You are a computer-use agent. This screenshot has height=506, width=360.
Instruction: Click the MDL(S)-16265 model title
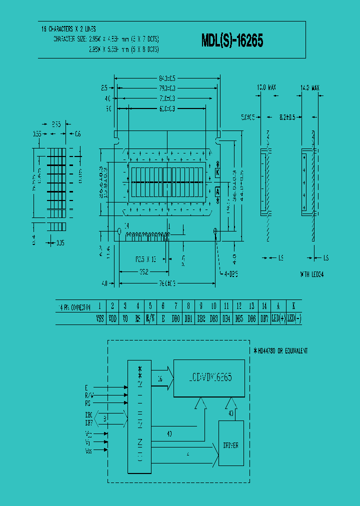232,41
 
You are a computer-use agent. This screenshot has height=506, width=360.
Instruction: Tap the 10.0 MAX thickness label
266,87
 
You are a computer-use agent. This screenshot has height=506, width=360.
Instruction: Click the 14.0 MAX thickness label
310,87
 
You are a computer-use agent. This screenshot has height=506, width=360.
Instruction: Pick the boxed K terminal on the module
217,172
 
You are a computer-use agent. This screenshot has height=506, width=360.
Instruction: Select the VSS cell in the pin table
99,318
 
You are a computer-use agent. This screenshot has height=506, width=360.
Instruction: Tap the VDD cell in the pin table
112,318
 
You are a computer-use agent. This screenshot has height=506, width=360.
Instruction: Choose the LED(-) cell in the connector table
293,318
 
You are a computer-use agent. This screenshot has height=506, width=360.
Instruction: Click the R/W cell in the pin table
150,318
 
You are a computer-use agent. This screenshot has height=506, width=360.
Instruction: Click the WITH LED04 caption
312,274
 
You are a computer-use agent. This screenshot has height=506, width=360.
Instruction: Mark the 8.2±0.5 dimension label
289,117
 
